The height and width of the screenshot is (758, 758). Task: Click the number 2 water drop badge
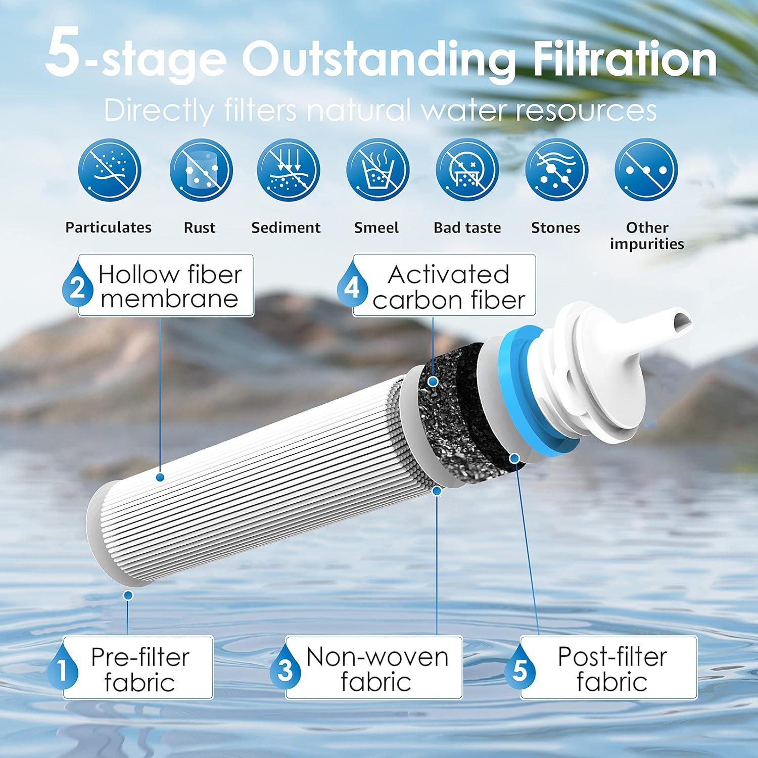pyautogui.click(x=77, y=287)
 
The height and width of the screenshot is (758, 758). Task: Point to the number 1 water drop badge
pyautogui.click(x=63, y=670)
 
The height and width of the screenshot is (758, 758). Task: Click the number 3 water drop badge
pyautogui.click(x=285, y=670)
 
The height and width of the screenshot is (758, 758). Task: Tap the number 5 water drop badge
pyautogui.click(x=519, y=670)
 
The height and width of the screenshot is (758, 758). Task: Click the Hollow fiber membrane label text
pyautogui.click(x=170, y=287)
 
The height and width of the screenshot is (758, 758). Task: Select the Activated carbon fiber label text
pyautogui.click(x=449, y=287)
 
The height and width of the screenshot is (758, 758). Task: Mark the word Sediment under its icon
pyautogui.click(x=286, y=228)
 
